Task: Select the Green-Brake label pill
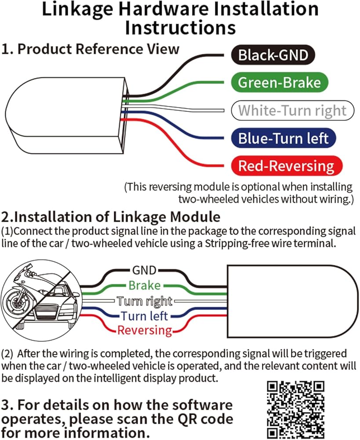pyautogui.click(x=280, y=83)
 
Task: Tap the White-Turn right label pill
pyautogui.click(x=292, y=110)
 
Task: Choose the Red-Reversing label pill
pyautogui.click(x=287, y=166)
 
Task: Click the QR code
pyautogui.click(x=296, y=408)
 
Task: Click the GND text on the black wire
pyautogui.click(x=144, y=270)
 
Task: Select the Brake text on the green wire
pyautogui.click(x=144, y=286)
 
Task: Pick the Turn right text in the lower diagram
pyautogui.click(x=144, y=301)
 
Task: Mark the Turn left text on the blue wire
pyautogui.click(x=144, y=316)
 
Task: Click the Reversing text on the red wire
pyautogui.click(x=144, y=330)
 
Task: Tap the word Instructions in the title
pyautogui.click(x=180, y=27)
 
